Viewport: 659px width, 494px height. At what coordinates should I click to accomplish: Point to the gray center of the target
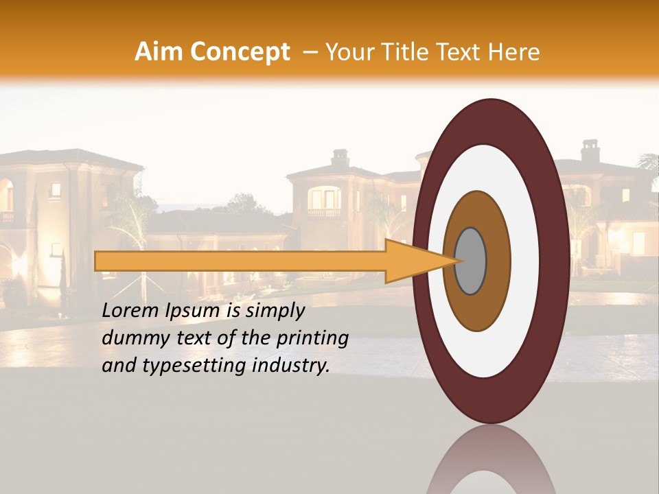(471, 261)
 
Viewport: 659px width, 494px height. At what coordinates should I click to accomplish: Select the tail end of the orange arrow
(98, 261)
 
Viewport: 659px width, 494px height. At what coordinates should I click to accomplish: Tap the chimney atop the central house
(340, 158)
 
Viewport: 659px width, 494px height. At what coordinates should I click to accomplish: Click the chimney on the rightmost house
(590, 150)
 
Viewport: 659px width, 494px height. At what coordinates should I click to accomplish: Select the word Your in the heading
(346, 52)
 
